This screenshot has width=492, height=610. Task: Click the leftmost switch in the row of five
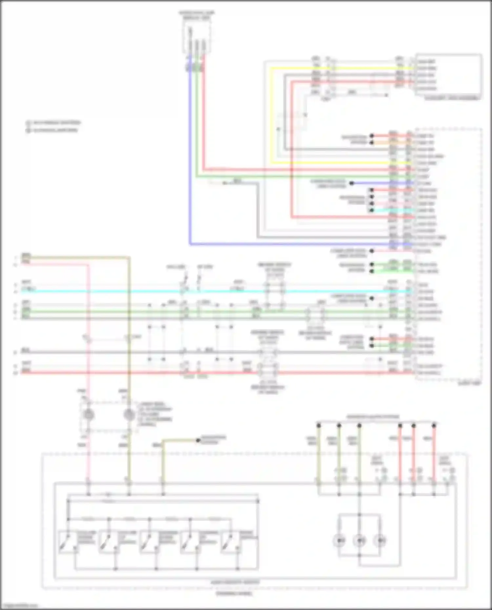pos(68,542)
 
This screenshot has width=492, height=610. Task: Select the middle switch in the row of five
pos(148,542)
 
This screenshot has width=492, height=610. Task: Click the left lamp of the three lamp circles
pos(339,541)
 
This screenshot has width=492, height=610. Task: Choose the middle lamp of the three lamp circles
pos(359,541)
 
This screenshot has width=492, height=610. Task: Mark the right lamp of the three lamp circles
pos(380,541)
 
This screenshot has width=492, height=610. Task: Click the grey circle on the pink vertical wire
pos(88,415)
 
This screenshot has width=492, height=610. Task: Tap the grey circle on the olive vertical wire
pos(129,415)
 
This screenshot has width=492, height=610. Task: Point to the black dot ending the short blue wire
pos(351,183)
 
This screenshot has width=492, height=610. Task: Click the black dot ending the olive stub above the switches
pos(198,441)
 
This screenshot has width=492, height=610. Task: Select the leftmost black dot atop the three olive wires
pos(318,426)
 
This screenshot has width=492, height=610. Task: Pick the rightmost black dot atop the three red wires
pos(434,426)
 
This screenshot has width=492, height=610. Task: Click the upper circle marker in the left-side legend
pos(29,123)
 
